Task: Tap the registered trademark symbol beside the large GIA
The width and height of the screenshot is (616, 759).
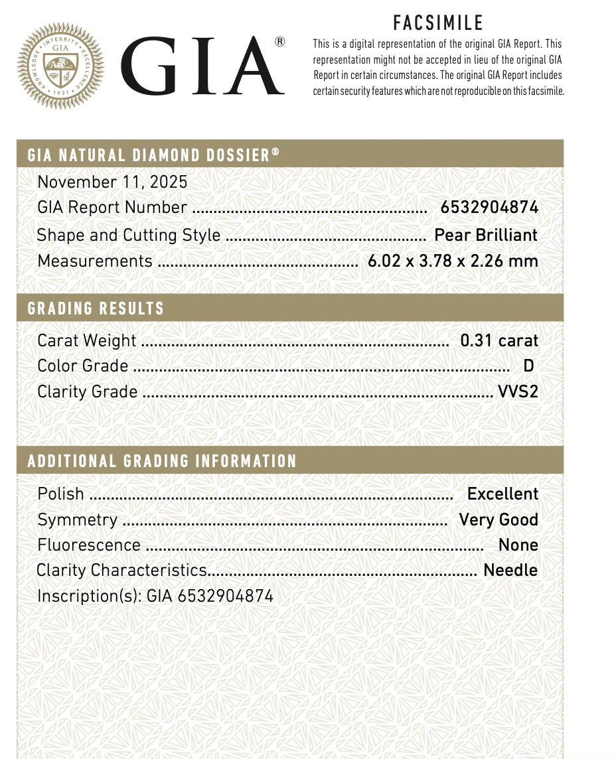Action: (279, 42)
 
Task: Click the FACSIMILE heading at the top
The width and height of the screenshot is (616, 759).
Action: (438, 23)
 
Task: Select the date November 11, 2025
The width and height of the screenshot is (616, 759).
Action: (112, 182)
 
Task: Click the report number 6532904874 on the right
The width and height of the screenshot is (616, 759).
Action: (489, 208)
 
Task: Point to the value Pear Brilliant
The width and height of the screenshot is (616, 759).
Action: (486, 235)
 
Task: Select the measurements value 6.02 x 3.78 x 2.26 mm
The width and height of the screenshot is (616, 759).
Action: (453, 261)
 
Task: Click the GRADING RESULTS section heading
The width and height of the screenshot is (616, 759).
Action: (96, 309)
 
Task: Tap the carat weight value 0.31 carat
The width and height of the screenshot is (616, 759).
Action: (499, 340)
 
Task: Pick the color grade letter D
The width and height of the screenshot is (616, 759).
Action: (528, 366)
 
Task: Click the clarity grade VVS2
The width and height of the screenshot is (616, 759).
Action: (518, 391)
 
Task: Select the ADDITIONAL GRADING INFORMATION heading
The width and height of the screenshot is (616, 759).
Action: (162, 461)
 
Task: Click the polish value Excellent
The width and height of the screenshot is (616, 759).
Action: (502, 494)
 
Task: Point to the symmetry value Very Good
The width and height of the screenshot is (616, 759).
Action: (499, 519)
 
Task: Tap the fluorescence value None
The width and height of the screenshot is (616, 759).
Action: (518, 545)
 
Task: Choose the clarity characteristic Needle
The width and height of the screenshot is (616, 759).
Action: (510, 570)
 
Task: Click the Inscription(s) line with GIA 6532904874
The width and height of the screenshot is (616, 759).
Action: (155, 596)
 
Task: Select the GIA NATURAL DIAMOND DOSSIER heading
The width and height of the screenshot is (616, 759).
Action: (153, 155)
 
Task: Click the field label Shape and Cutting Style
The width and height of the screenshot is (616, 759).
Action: (129, 235)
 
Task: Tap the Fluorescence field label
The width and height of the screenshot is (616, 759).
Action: (89, 545)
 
